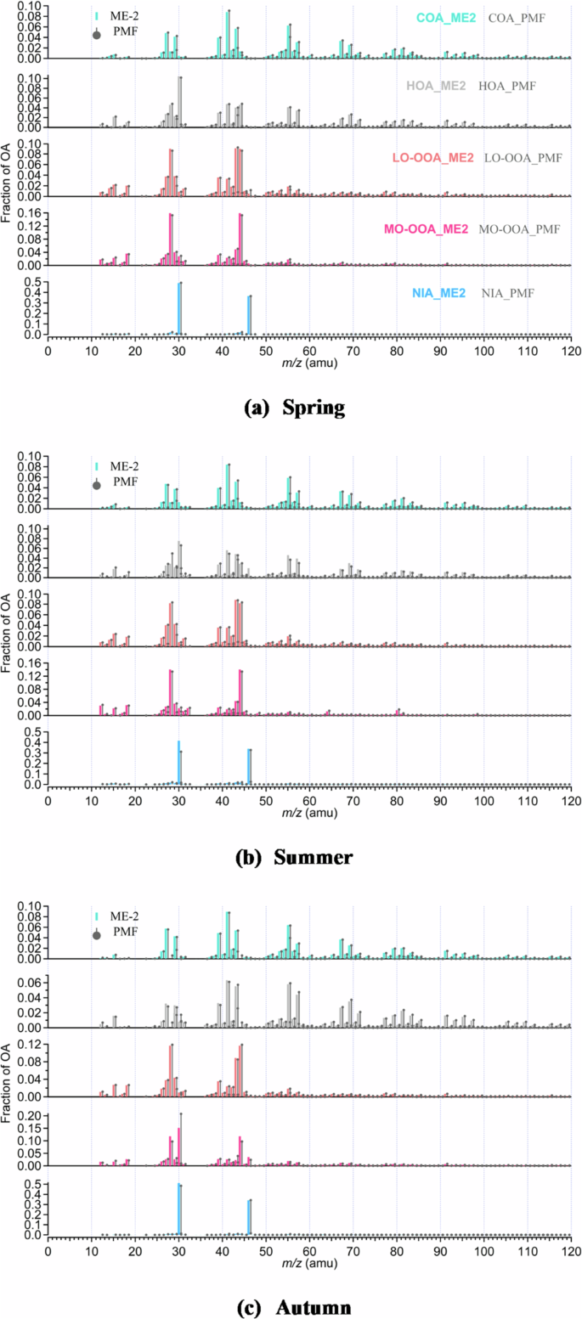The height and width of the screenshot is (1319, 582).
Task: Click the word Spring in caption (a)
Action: click(x=311, y=408)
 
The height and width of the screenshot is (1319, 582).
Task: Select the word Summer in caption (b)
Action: click(x=313, y=857)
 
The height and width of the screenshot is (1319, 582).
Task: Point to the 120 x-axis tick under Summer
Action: click(x=571, y=800)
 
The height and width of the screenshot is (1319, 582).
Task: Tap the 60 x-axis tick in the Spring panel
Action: click(x=309, y=350)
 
